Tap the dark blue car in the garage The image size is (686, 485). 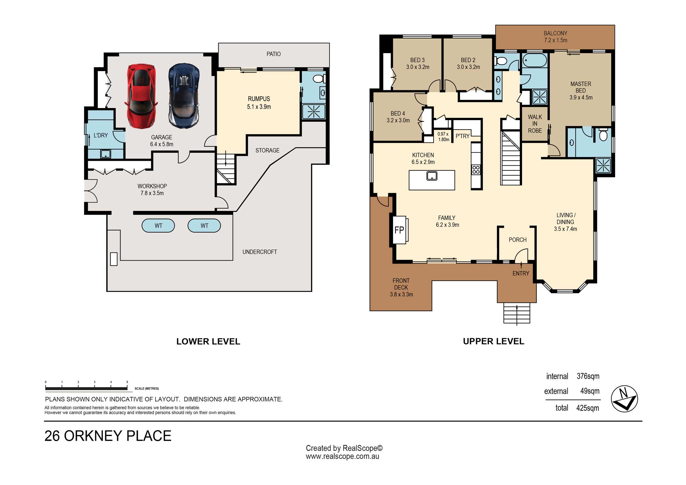click(184, 95)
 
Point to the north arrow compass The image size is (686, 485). click(624, 399)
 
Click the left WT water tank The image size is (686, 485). click(158, 226)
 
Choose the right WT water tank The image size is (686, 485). click(204, 226)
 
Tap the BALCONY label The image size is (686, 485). click(555, 33)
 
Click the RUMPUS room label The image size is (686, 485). click(259, 99)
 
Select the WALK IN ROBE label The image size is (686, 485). click(535, 124)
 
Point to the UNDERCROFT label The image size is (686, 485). click(260, 252)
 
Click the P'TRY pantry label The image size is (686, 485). click(462, 136)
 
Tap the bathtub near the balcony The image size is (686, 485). click(534, 61)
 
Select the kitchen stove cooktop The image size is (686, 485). click(476, 170)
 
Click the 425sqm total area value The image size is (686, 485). click(588, 408)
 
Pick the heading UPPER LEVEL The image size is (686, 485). click(494, 341)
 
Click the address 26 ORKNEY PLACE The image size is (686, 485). click(108, 436)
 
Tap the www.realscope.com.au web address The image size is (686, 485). click(342, 457)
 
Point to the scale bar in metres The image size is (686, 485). click(86, 388)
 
